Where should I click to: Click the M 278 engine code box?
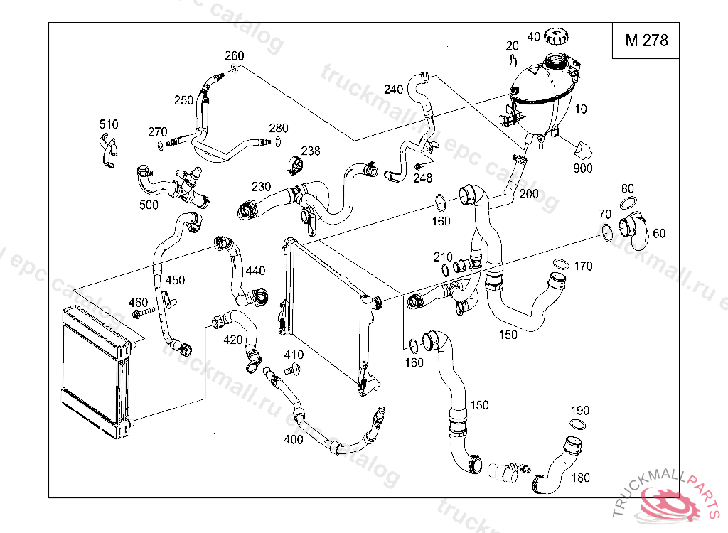click(646, 41)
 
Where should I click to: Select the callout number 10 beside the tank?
click(581, 109)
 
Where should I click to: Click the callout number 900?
click(583, 168)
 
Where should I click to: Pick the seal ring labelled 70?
click(606, 231)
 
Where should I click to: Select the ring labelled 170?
click(560, 265)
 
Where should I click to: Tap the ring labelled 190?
click(579, 424)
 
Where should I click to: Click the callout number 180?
click(581, 478)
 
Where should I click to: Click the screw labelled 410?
click(291, 370)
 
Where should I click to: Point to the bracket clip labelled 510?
click(107, 151)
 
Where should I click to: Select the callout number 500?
click(149, 205)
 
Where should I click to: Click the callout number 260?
click(235, 56)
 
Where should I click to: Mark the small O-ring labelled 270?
click(159, 146)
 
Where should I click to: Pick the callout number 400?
click(293, 439)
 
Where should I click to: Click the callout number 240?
click(393, 90)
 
